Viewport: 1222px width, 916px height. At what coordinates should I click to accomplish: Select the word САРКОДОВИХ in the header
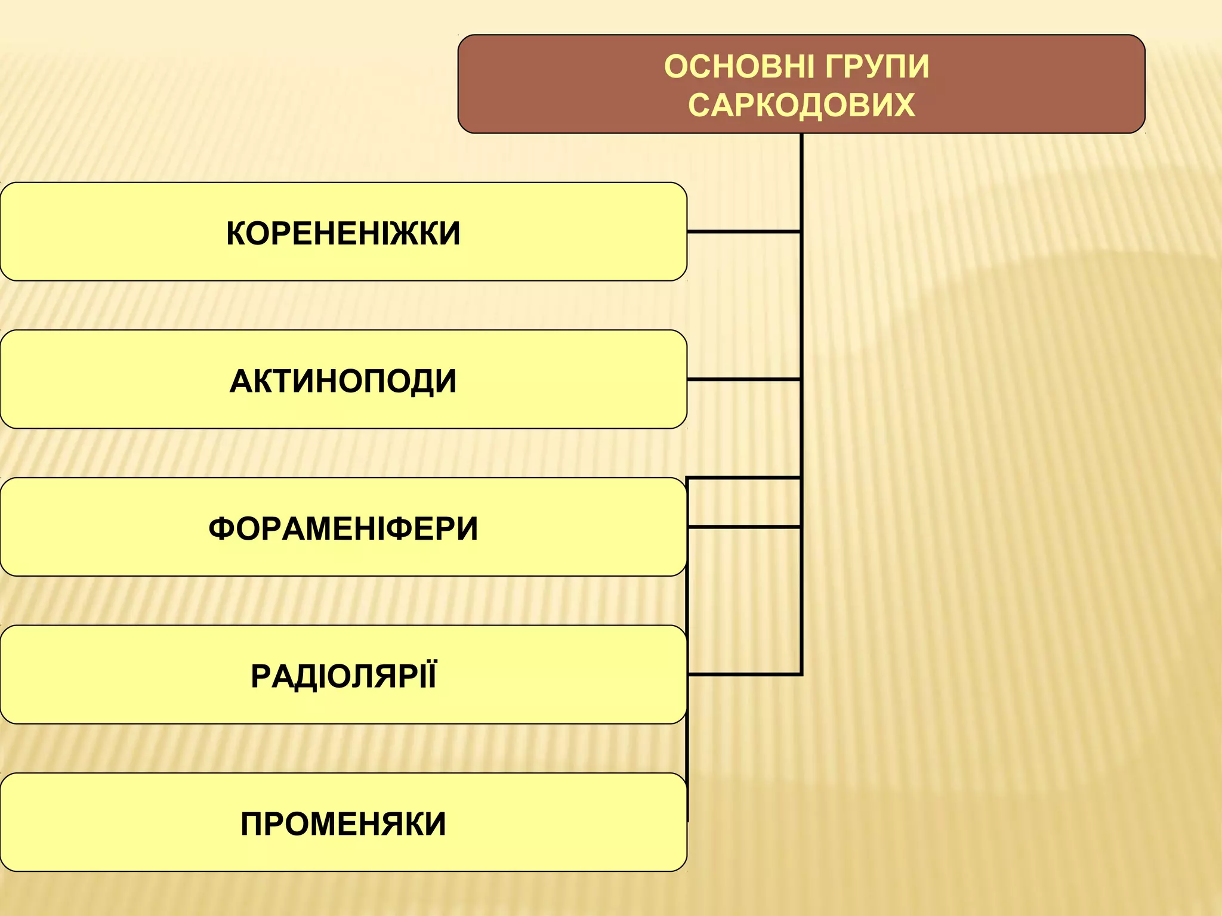pos(801,106)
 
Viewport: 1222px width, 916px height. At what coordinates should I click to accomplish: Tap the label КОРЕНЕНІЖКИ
pos(343,233)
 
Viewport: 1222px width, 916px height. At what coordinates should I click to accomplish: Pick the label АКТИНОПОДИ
pos(343,381)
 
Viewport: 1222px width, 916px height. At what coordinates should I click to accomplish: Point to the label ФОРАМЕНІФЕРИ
pos(343,528)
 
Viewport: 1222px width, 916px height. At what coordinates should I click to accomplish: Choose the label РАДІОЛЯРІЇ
pos(343,676)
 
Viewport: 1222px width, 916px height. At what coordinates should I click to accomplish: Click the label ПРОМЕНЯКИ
pos(343,824)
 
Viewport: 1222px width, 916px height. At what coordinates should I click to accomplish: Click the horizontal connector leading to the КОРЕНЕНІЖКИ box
pos(743,231)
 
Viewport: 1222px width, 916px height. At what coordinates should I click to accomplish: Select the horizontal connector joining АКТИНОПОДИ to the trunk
pos(743,379)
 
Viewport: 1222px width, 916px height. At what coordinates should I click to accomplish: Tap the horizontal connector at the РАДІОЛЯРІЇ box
pos(743,674)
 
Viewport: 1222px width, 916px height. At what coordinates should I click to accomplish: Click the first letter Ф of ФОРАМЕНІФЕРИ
pos(221,528)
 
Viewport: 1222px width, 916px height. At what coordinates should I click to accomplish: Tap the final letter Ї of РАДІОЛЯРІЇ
pos(430,676)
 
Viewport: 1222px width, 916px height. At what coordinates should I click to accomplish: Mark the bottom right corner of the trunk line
pos(801,674)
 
